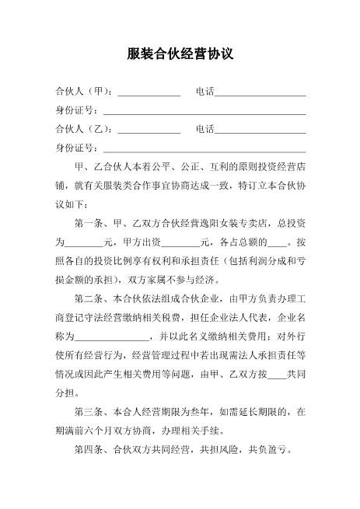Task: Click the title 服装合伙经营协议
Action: click(180, 55)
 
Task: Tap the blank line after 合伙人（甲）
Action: click(149, 94)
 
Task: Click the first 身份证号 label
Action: click(75, 110)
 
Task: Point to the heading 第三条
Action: click(90, 410)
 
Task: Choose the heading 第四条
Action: click(90, 448)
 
